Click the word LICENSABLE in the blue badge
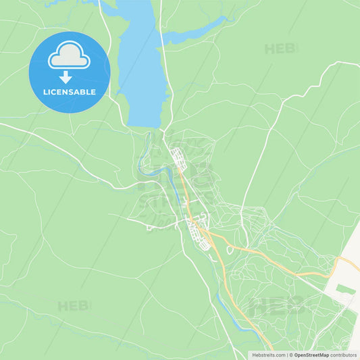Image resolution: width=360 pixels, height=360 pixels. pyautogui.click(x=70, y=91)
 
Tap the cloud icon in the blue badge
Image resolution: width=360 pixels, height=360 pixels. pyautogui.click(x=69, y=55)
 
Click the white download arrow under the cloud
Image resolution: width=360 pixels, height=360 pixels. pyautogui.click(x=66, y=77)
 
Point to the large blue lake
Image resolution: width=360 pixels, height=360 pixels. pyautogui.click(x=142, y=68)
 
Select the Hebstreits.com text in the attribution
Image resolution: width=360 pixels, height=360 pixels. pyautogui.click(x=269, y=354)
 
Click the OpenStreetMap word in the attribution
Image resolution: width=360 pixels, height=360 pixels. pyautogui.click(x=311, y=354)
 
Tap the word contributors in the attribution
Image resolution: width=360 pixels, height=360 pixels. pyautogui.click(x=344, y=354)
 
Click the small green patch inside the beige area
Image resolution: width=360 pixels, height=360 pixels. pyautogui.click(x=345, y=289)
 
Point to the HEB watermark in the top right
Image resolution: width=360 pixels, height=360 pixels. pyautogui.click(x=281, y=49)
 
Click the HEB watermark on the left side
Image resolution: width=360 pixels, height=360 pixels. pyautogui.click(x=73, y=306)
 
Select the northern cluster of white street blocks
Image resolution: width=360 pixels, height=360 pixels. pyautogui.click(x=178, y=158)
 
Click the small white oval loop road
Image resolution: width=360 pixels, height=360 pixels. pyautogui.click(x=230, y=250)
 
